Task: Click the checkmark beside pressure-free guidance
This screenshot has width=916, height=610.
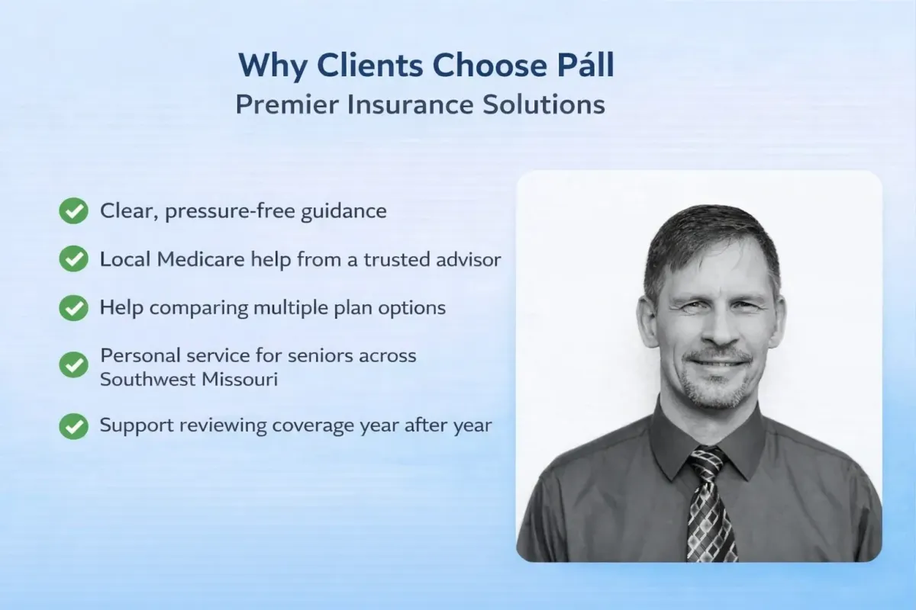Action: pos(73,211)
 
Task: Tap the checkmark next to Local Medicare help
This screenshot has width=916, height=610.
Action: pos(73,259)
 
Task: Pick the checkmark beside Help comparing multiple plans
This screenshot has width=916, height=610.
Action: pos(73,307)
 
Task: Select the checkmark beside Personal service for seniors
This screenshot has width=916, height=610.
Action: pos(73,364)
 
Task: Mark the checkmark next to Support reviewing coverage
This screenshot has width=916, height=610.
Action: pos(73,425)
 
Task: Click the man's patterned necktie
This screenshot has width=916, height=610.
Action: pos(710,503)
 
